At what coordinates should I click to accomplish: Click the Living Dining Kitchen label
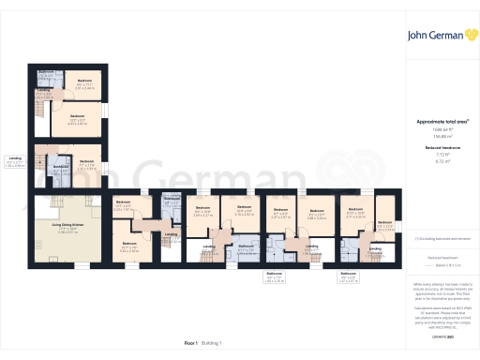pyautogui.click(x=62, y=226)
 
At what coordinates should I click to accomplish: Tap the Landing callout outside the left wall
pyautogui.click(x=15, y=161)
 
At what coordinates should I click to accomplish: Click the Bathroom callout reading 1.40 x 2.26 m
pyautogui.click(x=274, y=278)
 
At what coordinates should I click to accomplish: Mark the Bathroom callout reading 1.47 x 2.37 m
pyautogui.click(x=347, y=277)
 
